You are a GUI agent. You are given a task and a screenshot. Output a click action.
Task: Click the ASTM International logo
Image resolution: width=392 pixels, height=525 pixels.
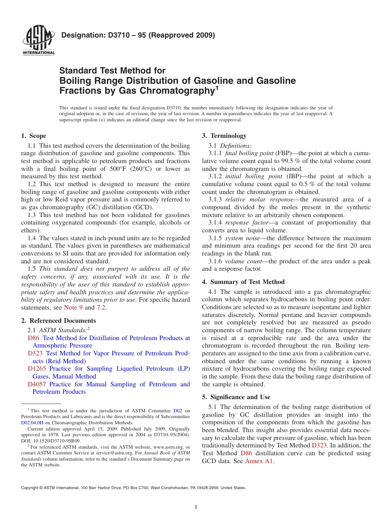pos(38,40)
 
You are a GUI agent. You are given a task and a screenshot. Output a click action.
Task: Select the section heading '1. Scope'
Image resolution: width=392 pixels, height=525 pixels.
pos(33,136)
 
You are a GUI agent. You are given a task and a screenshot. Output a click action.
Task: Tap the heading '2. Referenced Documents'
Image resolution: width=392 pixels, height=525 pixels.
pos(59,321)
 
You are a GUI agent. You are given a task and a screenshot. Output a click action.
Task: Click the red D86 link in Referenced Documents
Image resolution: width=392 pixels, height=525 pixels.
pos(33,338)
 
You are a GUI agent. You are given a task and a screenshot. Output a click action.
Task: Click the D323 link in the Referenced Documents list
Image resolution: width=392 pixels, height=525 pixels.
pos(35,353)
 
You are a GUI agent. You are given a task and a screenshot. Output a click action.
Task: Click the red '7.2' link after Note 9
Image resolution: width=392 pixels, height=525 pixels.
pos(101,307)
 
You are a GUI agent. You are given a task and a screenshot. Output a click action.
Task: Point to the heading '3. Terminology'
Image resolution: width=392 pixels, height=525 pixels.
pos(224,136)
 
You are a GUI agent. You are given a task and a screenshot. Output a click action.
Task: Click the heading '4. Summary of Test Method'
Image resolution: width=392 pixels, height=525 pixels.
pos(243,282)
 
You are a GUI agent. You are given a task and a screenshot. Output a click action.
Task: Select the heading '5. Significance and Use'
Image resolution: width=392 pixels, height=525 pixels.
pos(236,397)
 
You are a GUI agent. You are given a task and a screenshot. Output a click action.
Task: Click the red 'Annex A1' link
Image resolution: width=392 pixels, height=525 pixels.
pos(259,461)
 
